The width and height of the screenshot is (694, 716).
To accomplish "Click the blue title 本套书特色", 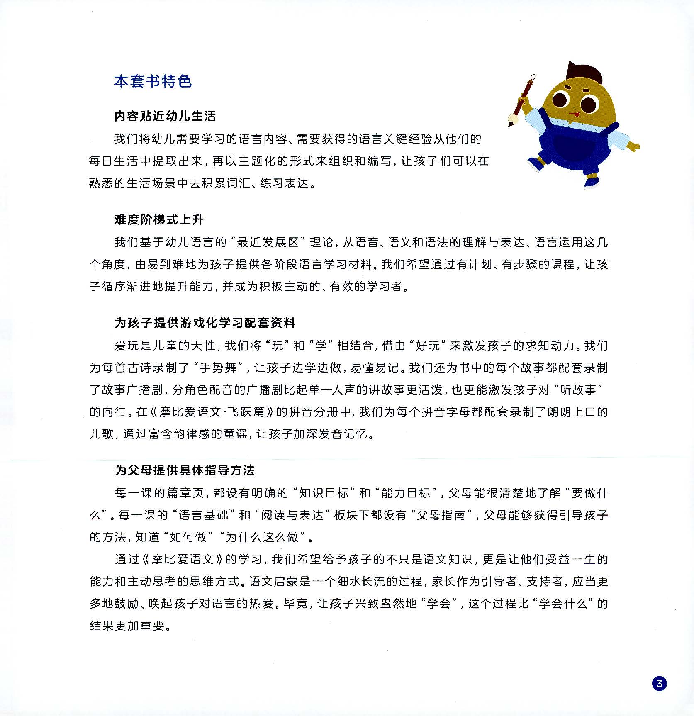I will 153,81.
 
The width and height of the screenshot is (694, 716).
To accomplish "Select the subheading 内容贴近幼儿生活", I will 165,116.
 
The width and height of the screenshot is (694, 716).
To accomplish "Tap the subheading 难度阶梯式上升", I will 159,219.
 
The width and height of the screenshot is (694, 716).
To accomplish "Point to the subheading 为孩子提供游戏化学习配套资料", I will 205,323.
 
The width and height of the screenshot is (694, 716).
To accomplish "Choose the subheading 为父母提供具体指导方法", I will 185,470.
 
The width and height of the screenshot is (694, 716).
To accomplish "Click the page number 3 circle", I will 659,683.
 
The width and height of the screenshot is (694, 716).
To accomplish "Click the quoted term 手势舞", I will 218,368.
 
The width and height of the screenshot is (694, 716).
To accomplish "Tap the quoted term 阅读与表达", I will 292,515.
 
